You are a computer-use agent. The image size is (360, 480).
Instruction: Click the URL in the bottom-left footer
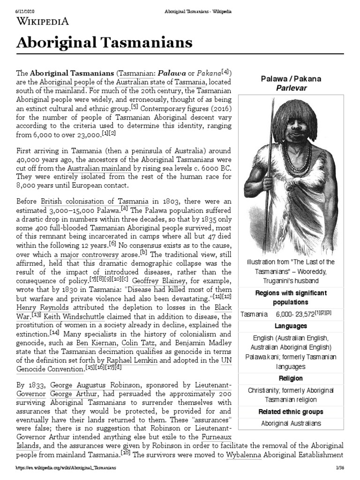(x=65, y=468)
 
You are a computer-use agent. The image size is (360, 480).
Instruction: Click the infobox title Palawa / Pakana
(x=291, y=79)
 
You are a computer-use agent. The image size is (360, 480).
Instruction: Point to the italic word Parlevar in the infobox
(x=291, y=88)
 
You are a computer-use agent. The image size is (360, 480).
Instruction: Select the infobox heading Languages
(x=291, y=325)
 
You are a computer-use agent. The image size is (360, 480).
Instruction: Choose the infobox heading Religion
(x=291, y=378)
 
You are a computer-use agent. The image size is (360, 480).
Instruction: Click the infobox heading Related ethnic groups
(x=291, y=412)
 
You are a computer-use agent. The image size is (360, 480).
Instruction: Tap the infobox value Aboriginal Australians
(x=291, y=423)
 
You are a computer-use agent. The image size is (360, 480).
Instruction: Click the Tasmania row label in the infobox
(x=254, y=314)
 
